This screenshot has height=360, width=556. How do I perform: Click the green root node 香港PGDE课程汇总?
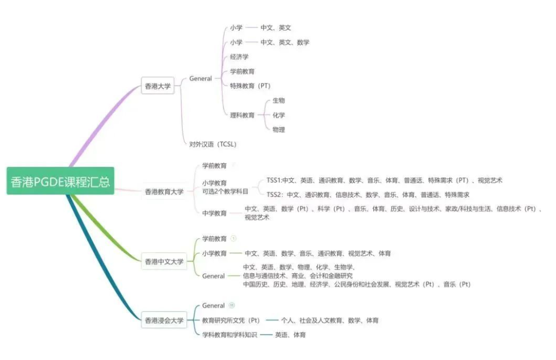pyautogui.click(x=60, y=181)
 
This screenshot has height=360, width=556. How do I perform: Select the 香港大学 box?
pyautogui.click(x=158, y=86)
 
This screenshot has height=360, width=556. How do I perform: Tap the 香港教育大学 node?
pyautogui.click(x=164, y=191)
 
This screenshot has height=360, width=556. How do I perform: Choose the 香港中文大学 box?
pyautogui.click(x=164, y=261)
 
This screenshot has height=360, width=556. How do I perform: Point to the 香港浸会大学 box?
pyautogui.click(x=164, y=320)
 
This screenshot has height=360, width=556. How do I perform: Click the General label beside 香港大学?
pyautogui.click(x=200, y=78)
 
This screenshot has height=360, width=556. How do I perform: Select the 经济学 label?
pyautogui.click(x=239, y=57)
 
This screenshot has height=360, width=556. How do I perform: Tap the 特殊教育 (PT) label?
pyautogui.click(x=250, y=86)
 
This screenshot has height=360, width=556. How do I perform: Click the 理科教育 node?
pyautogui.click(x=242, y=115)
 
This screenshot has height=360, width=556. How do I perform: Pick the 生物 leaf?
pyautogui.click(x=279, y=100)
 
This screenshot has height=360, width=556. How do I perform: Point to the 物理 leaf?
pyautogui.click(x=279, y=129)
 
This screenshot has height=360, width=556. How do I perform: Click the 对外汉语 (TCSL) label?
pyautogui.click(x=213, y=144)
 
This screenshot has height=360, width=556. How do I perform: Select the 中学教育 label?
pyautogui.click(x=214, y=213)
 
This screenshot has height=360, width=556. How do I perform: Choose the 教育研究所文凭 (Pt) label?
pyautogui.click(x=231, y=320)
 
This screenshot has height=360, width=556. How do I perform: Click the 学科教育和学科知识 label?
pyautogui.click(x=230, y=335)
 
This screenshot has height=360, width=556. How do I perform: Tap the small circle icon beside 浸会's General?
pyautogui.click(x=232, y=305)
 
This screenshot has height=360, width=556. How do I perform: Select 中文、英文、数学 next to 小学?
pyautogui.click(x=285, y=42)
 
